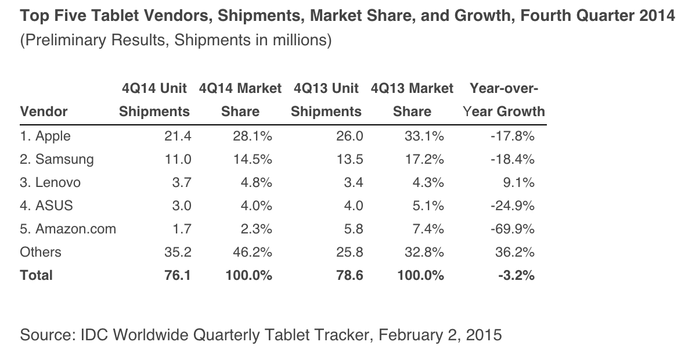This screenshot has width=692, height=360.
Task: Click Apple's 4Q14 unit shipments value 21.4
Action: tap(178, 136)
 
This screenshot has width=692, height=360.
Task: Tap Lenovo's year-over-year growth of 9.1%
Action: tap(520, 183)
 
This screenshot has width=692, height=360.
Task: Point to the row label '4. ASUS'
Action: tap(46, 206)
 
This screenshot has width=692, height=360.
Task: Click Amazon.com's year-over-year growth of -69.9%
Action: tap(511, 229)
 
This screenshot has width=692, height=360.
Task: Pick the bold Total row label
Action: tap(36, 276)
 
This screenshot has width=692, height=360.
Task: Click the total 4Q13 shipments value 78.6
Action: tap(350, 276)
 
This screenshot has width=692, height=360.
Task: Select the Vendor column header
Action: tap(44, 111)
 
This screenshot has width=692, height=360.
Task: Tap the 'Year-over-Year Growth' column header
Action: tap(504, 100)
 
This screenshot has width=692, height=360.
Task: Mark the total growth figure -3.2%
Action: tap(516, 276)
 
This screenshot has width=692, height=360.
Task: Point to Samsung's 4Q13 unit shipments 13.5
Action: tap(351, 160)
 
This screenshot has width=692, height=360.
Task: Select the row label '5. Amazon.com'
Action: tap(68, 229)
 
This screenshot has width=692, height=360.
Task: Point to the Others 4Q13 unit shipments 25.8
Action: tap(351, 253)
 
